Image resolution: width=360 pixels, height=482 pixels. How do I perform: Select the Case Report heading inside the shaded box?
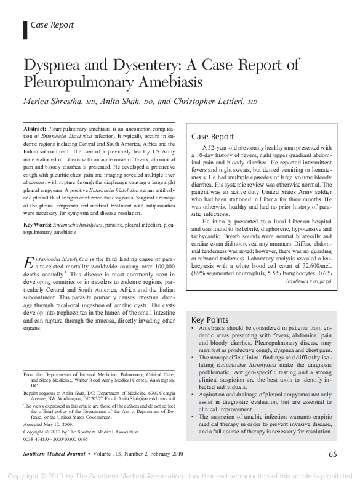[x=212, y=136]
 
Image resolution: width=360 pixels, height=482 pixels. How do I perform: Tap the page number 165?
[x=329, y=455]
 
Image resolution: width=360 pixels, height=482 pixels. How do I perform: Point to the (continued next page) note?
[x=308, y=281]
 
